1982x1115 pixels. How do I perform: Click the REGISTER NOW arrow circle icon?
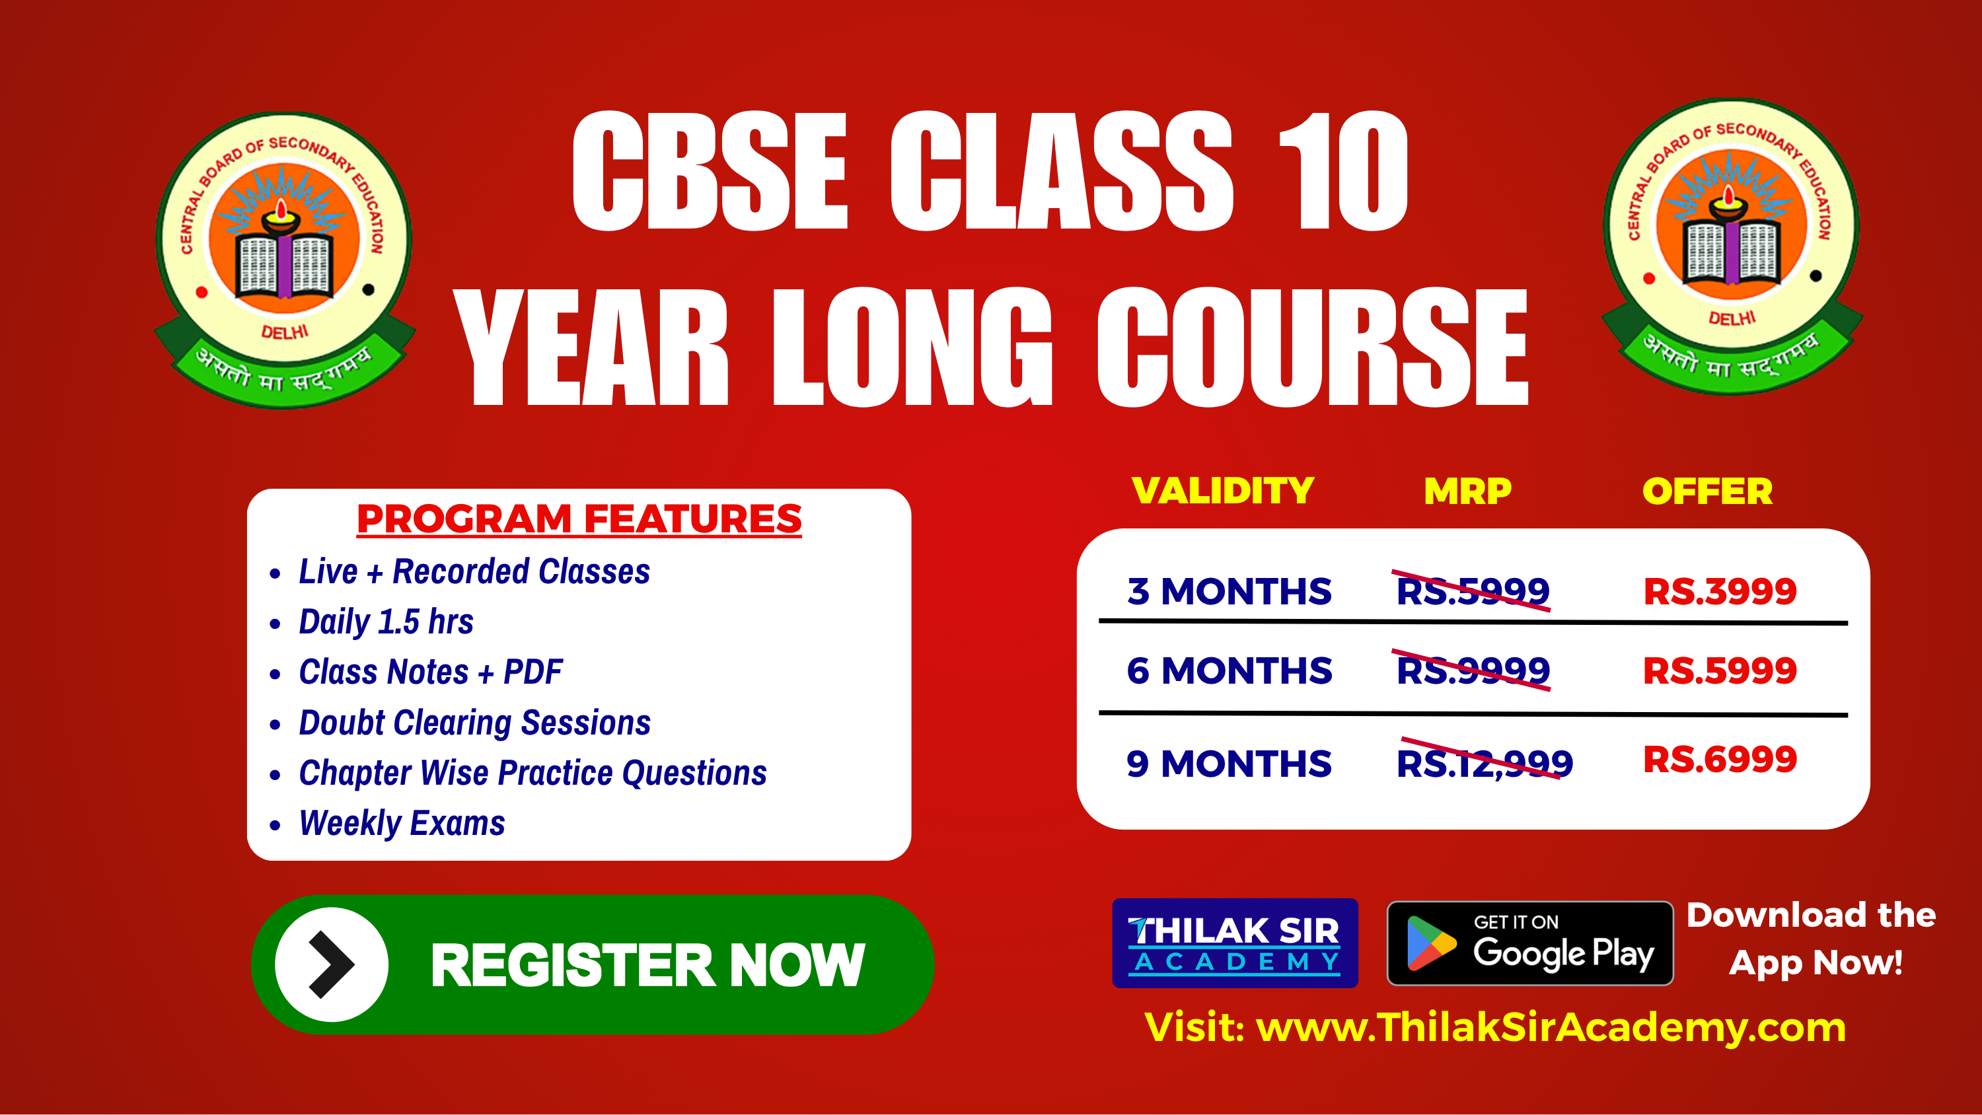coord(332,964)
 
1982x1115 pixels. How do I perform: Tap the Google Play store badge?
coord(1529,943)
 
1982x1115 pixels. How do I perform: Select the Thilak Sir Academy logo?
coord(1235,943)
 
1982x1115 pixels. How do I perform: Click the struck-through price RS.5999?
coord(1472,591)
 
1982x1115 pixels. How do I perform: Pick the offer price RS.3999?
coord(1720,591)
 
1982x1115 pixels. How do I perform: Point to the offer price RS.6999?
coord(1720,760)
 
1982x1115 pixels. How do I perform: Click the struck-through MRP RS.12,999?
coord(1485,764)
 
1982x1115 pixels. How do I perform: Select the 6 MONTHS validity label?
coord(1229,670)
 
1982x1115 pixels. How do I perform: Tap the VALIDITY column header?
coord(1223,490)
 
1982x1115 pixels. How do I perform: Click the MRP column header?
coord(1467,491)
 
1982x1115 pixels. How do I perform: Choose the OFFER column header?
coord(1707,491)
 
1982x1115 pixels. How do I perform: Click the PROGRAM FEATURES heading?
coord(579,519)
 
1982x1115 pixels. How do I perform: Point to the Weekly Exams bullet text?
coord(402,822)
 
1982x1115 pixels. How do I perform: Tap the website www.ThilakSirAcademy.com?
coord(1551,1027)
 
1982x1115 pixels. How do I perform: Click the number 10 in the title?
coord(1342,171)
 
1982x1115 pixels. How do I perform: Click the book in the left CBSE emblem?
coord(285,266)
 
